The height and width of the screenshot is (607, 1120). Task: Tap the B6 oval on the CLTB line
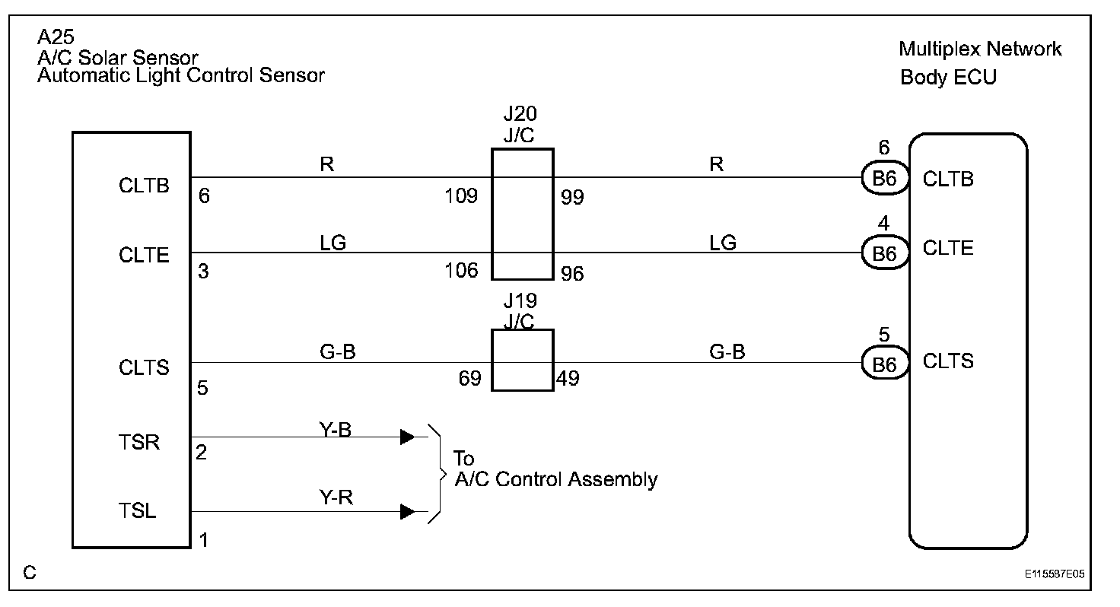pos(884,178)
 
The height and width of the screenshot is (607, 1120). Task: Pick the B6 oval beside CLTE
pos(884,253)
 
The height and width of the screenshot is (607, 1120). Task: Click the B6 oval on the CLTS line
pos(884,363)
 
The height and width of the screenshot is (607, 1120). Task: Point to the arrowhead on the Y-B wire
pos(408,437)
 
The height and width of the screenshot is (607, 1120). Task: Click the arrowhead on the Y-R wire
pos(408,511)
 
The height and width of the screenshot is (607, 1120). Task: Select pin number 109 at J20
pos(461,195)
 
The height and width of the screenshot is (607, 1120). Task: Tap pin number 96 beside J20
pos(572,274)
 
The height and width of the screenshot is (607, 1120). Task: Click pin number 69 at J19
pos(470,379)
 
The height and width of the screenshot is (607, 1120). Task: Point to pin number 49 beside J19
pos(568,379)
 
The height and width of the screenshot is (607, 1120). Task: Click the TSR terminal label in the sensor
pos(139,443)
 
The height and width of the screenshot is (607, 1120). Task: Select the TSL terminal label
pos(138,511)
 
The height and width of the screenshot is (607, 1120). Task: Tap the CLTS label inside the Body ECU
pos(948,361)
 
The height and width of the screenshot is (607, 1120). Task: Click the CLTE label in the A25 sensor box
pos(144,255)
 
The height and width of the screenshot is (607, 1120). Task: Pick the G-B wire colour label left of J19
pos(338,352)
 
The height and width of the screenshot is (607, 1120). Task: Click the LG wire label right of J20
pos(723,243)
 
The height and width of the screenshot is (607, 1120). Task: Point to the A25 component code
pos(56,37)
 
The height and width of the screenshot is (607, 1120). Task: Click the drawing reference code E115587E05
pos(1055,574)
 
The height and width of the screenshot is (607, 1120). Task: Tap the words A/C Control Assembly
pos(556,479)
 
